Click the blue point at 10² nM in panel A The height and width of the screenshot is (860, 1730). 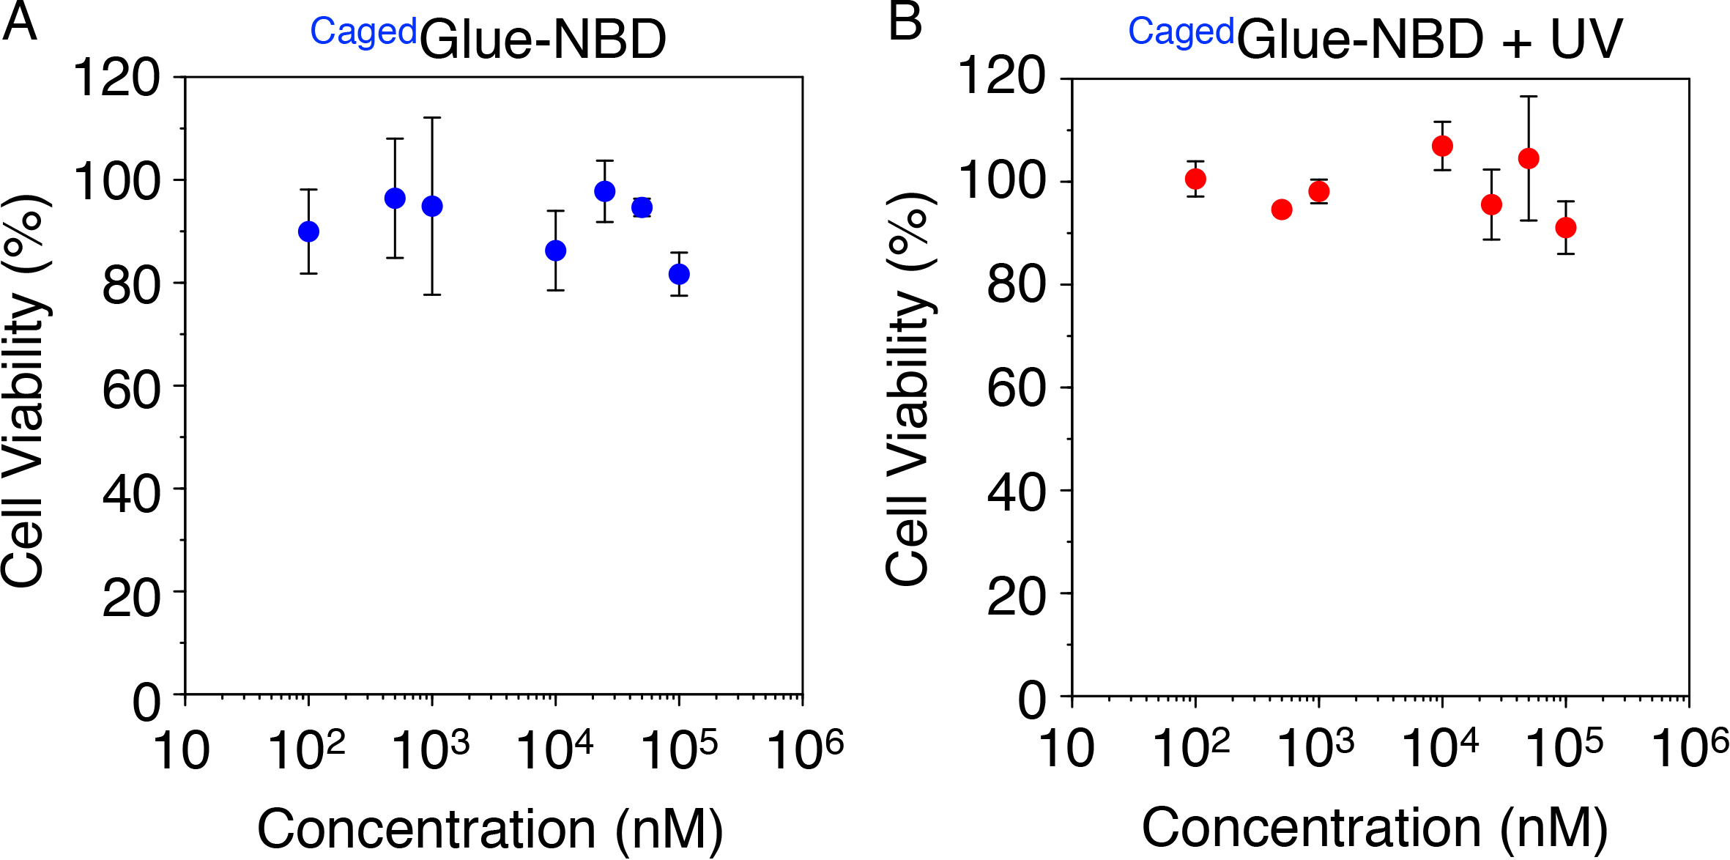pyautogui.click(x=308, y=231)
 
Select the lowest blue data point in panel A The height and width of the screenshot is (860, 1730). pyautogui.click(x=679, y=274)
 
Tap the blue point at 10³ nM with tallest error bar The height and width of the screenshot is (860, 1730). pyautogui.click(x=432, y=207)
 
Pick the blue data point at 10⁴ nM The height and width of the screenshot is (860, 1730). pyautogui.click(x=556, y=251)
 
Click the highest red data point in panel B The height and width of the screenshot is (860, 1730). pyautogui.click(x=1442, y=147)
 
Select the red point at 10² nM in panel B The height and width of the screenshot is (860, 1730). pyautogui.click(x=1195, y=179)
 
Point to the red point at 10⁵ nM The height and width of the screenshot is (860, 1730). pyautogui.click(x=1566, y=228)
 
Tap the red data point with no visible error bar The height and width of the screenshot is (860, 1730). pyautogui.click(x=1282, y=210)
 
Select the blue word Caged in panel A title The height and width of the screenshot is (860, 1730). pyautogui.click(x=363, y=32)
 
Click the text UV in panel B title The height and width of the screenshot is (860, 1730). pyautogui.click(x=1586, y=40)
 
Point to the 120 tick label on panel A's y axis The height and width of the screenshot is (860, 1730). pyautogui.click(x=116, y=78)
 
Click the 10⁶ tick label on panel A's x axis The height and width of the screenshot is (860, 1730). pyautogui.click(x=805, y=749)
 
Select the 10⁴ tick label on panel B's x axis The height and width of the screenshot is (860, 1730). pyautogui.click(x=1439, y=747)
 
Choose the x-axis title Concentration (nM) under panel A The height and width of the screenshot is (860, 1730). pyautogui.click(x=490, y=829)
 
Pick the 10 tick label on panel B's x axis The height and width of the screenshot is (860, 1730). pyautogui.click(x=1066, y=749)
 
